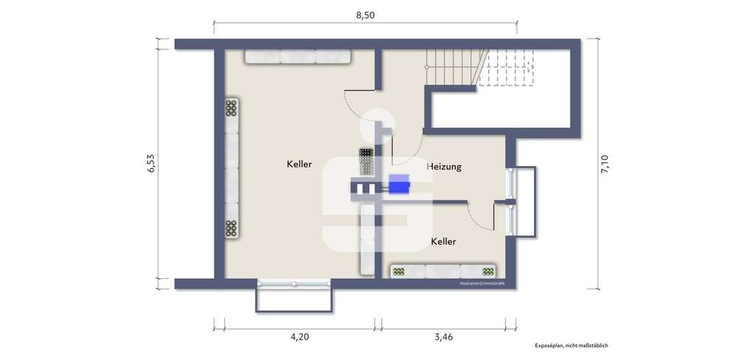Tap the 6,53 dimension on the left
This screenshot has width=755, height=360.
click(151, 164)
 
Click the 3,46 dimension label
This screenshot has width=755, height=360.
click(443, 338)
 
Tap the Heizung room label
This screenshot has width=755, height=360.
click(444, 167)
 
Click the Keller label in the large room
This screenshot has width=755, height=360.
click(299, 164)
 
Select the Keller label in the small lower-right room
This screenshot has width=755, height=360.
click(443, 241)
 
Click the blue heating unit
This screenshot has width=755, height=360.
click(399, 184)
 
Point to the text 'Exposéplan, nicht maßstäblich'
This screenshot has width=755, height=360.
click(571, 345)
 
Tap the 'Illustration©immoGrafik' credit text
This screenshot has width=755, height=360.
click(482, 283)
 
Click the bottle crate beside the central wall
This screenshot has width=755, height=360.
click(367, 162)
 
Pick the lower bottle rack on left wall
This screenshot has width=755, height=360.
click(232, 229)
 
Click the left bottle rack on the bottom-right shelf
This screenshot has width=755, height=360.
click(399, 271)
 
